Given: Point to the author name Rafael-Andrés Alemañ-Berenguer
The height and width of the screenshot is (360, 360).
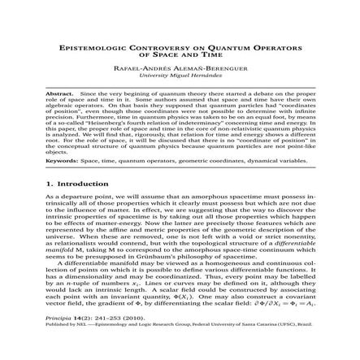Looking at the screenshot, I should pos(180,67).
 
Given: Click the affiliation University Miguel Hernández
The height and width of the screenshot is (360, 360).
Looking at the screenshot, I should pos(180,74).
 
